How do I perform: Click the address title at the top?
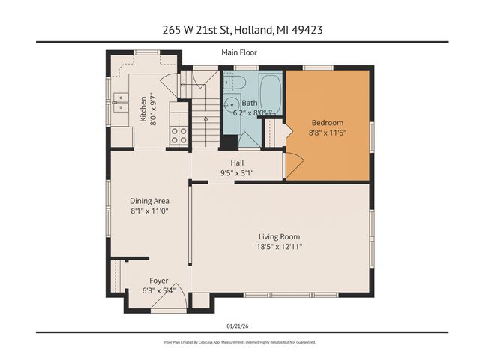(239, 30)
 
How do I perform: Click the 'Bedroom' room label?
(327, 123)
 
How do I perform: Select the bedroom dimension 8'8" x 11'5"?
(327, 133)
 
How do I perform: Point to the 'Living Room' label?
(279, 236)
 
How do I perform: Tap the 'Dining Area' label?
(149, 201)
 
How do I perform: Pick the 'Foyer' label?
(159, 280)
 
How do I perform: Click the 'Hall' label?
(237, 163)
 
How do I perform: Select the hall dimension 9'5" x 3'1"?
(237, 172)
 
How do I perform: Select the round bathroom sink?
(231, 103)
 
